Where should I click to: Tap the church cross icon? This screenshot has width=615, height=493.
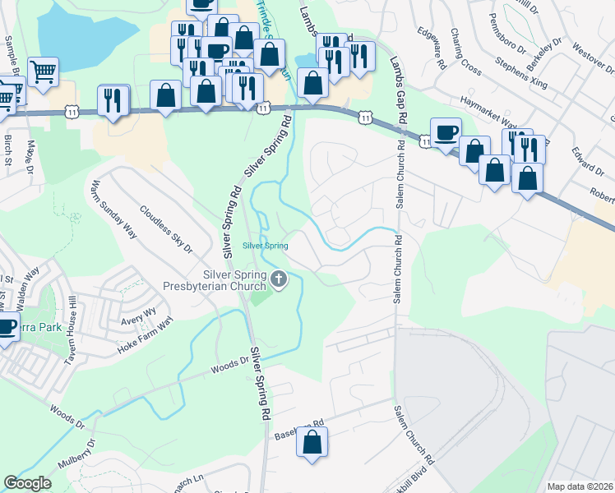pos(279,281)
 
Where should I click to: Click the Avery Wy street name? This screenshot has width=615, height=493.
pos(138,312)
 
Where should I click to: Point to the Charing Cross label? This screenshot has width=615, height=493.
pos(465,51)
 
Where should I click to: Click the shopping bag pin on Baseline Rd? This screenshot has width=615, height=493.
pos(312,443)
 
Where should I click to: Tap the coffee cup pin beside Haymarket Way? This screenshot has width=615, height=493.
pos(446,132)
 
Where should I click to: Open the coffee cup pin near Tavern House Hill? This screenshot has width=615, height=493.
pos(5,327)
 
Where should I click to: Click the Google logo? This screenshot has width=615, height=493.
pos(28,483)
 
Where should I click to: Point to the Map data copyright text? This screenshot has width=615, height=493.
pos(580,486)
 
